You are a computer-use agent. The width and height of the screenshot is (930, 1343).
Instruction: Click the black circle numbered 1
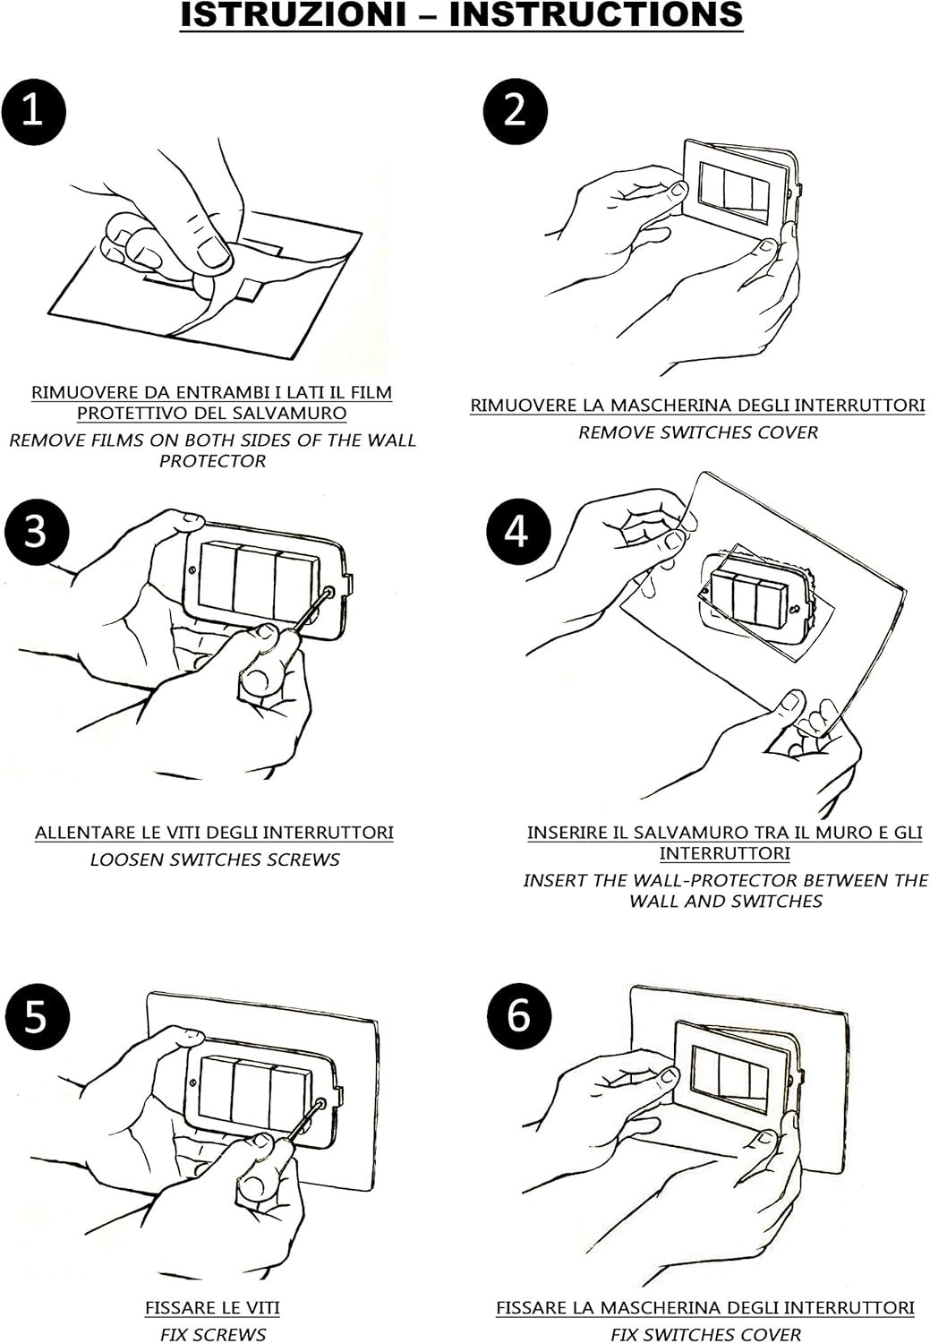click(x=33, y=111)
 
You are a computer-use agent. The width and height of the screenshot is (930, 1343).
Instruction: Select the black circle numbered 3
click(x=35, y=532)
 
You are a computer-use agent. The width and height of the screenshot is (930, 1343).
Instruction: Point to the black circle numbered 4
click(x=517, y=532)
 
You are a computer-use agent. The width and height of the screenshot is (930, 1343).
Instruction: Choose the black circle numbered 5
click(x=35, y=1017)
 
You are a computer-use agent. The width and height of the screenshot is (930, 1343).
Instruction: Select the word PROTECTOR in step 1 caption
click(x=213, y=461)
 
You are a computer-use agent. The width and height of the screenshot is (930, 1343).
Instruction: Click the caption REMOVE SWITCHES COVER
click(x=698, y=432)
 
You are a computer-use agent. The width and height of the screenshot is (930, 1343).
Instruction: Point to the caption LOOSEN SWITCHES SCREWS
click(x=215, y=860)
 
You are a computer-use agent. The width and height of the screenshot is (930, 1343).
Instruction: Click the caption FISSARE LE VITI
click(x=212, y=1308)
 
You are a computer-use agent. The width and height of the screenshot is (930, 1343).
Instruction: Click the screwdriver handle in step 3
click(x=259, y=671)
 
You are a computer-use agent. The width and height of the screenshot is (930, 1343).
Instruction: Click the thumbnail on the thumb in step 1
click(x=213, y=252)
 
